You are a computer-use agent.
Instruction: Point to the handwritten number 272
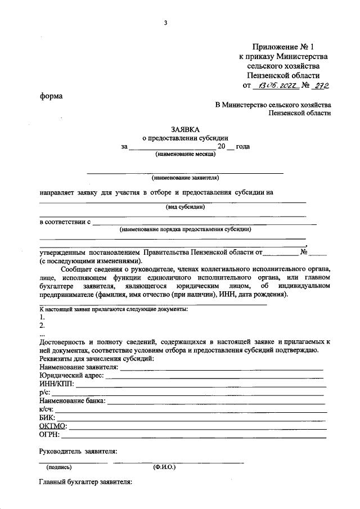point(320,85)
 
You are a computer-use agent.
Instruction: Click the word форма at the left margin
point(51,96)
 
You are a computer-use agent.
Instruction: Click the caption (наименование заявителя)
point(184,177)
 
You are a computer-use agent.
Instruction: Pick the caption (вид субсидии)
point(184,206)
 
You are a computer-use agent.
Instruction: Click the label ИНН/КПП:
point(57,384)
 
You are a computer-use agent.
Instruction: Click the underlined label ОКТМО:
point(53,425)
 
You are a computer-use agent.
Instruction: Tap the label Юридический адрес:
point(71,376)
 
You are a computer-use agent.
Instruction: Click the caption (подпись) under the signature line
point(59,467)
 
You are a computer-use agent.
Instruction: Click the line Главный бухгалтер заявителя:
point(85,482)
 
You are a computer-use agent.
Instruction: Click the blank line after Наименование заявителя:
point(222,368)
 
